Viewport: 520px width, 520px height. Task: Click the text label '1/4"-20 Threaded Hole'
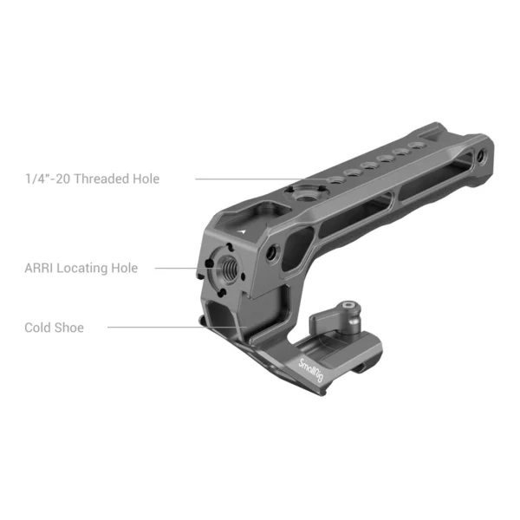point(92,179)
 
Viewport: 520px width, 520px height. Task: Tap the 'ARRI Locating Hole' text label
point(81,269)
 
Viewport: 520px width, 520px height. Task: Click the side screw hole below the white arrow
point(274,252)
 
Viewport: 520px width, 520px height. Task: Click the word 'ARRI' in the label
point(42,269)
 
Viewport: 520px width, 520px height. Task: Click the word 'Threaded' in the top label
point(105,179)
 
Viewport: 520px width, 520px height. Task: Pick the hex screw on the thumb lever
point(351,305)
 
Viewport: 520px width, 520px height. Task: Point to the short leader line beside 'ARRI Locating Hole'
point(177,269)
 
